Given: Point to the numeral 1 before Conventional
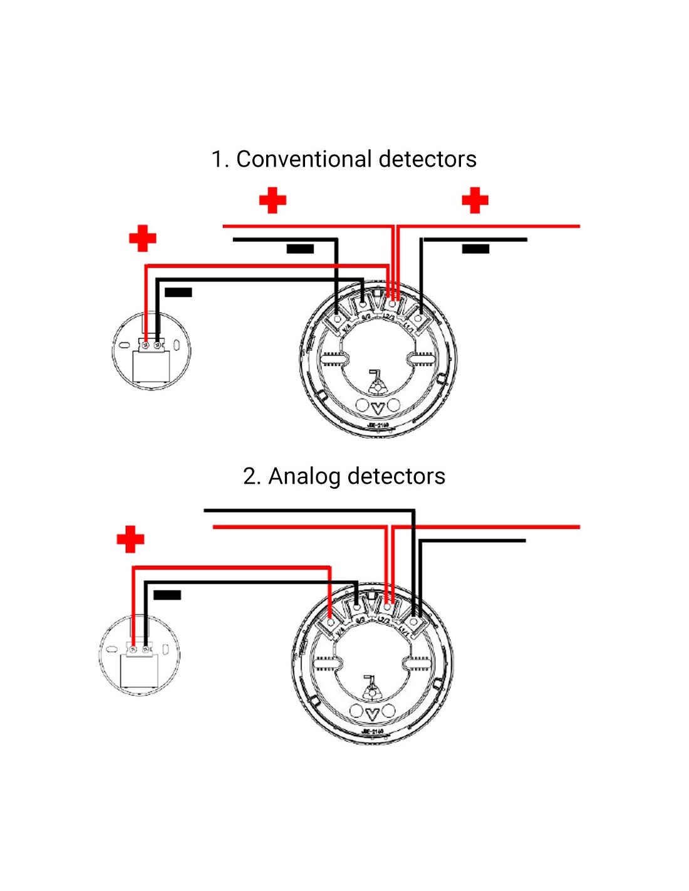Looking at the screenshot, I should click(x=217, y=159).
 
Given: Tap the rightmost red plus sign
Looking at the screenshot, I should click(x=475, y=201).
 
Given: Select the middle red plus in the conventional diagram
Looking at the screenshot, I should click(x=272, y=201).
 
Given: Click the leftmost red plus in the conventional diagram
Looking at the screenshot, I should click(x=142, y=239).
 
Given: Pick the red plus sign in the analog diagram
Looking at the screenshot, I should click(x=130, y=539).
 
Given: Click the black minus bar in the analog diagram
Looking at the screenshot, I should click(x=167, y=595).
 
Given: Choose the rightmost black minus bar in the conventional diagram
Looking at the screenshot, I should click(x=475, y=249).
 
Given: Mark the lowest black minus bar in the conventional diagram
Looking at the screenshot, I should click(x=179, y=292).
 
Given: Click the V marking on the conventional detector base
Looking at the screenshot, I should click(x=378, y=407).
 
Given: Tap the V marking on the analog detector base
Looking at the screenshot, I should click(x=373, y=714).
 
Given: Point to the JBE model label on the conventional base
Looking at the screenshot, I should click(x=378, y=425).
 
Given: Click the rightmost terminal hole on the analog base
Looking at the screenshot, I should click(x=413, y=622).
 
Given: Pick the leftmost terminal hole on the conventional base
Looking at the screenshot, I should click(x=338, y=319).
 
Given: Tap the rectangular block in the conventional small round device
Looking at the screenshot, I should click(x=152, y=366).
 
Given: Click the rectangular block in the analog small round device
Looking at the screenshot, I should click(x=139, y=670).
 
